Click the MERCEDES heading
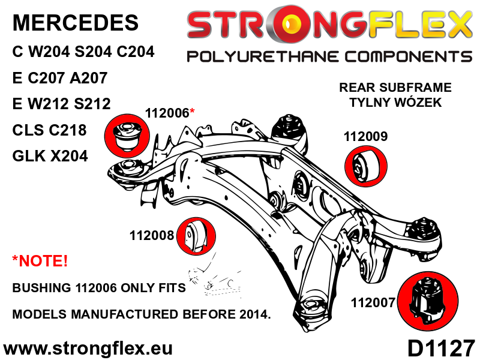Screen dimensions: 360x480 (75, 23)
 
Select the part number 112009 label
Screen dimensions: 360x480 (365, 137)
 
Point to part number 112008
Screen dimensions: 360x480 (151, 236)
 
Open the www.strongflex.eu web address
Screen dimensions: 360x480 (88, 349)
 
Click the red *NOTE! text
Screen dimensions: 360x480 (40, 261)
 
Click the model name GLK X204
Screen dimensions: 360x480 (50, 156)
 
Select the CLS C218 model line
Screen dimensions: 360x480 (49, 130)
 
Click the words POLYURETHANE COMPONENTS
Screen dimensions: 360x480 (329, 57)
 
